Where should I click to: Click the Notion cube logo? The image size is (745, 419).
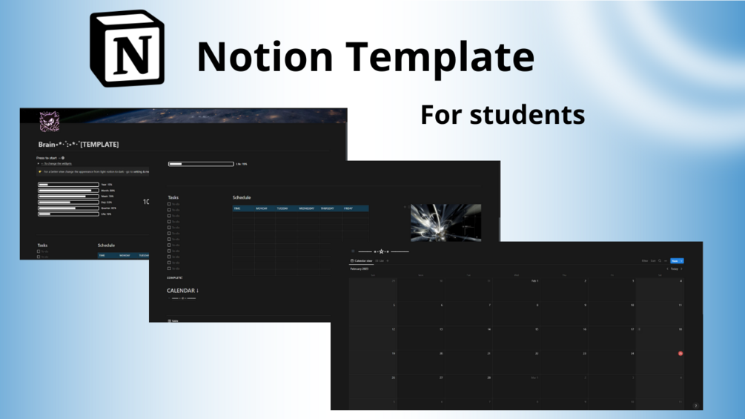click(128, 49)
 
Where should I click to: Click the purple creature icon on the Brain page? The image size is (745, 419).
click(49, 121)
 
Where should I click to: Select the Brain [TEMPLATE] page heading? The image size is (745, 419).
click(79, 145)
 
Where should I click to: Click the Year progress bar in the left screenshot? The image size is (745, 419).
click(68, 185)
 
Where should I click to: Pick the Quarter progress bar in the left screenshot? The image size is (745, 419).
click(68, 208)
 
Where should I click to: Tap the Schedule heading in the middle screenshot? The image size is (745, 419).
click(242, 198)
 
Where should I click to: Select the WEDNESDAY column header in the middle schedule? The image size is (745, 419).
click(306, 208)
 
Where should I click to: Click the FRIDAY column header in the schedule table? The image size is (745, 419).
click(348, 208)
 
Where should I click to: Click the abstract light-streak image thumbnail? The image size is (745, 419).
click(446, 222)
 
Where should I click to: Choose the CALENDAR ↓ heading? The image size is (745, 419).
click(182, 291)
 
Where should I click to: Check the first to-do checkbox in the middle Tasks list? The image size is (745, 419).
click(169, 205)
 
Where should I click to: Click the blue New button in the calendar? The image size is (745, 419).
click(675, 261)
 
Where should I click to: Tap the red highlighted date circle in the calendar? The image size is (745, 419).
click(681, 354)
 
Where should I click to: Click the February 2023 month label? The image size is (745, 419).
click(360, 269)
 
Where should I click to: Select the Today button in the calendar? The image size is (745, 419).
click(675, 269)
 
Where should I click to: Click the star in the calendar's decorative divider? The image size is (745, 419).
click(381, 251)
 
